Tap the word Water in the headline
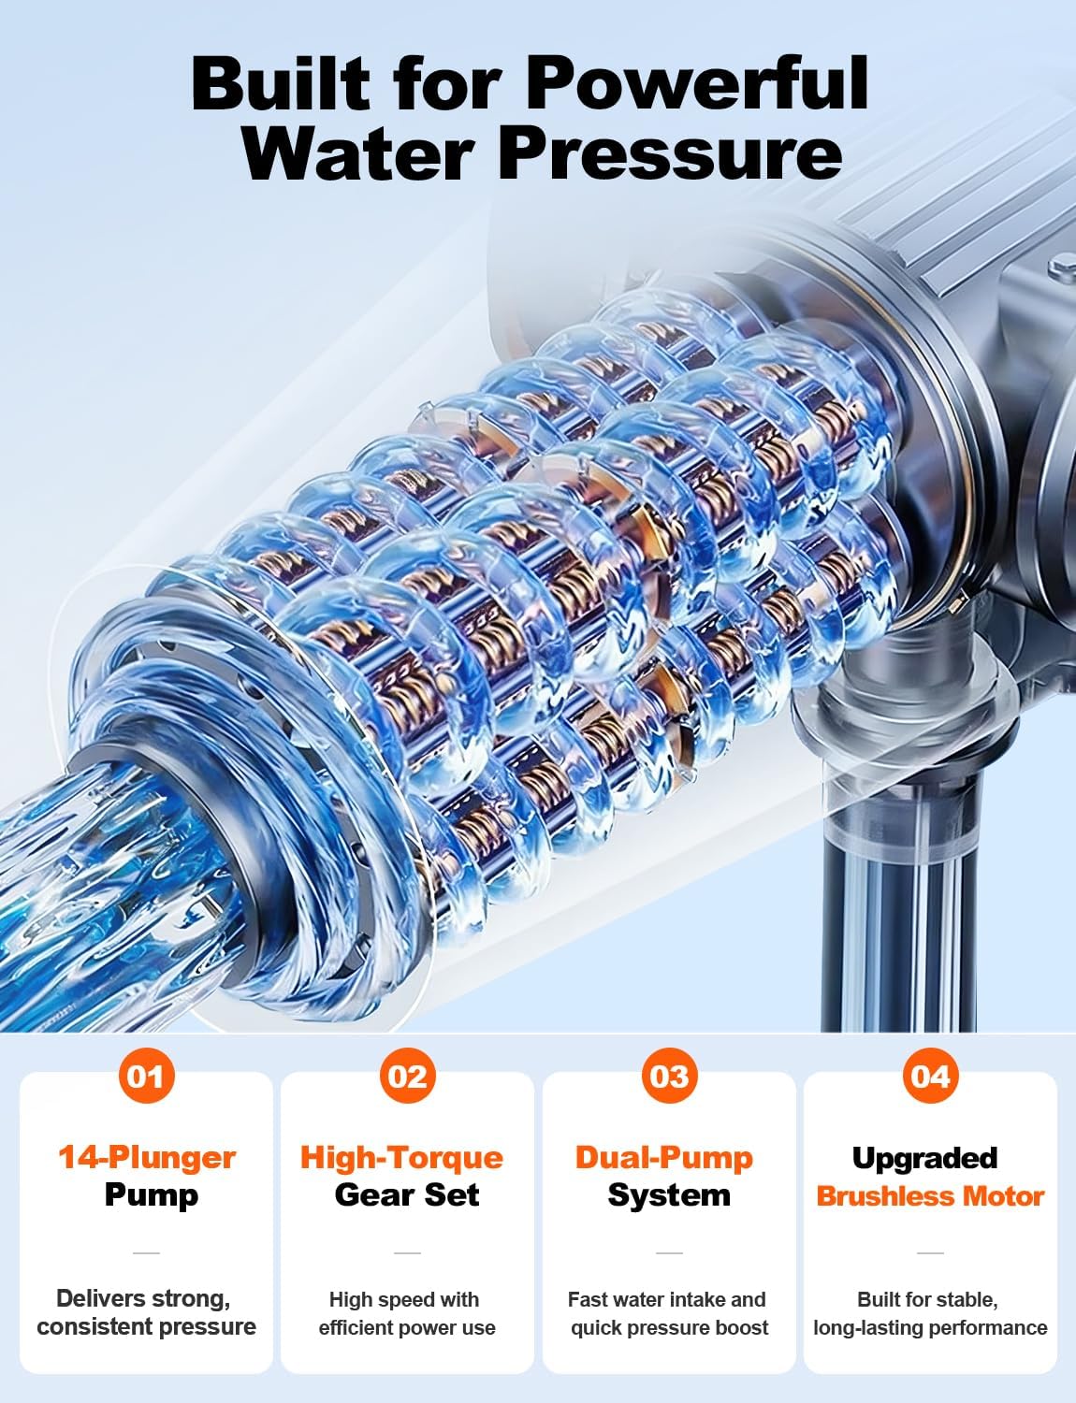[x=357, y=155]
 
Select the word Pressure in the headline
[x=670, y=155]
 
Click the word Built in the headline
[x=281, y=84]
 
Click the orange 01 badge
[x=147, y=1075]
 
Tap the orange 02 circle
[x=408, y=1075]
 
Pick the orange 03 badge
[x=669, y=1075]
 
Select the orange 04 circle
[x=930, y=1075]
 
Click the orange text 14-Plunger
[x=147, y=1158]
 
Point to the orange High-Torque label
[x=401, y=1158]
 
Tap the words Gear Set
[x=407, y=1194]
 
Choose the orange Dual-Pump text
[x=664, y=1158]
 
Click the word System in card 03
[x=669, y=1195]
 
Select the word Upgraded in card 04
[x=924, y=1159]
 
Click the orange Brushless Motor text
[x=930, y=1195]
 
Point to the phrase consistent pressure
[x=147, y=1327]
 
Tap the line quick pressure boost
[x=669, y=1327]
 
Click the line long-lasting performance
[x=930, y=1327]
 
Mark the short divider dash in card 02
[x=408, y=1252]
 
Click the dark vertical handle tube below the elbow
[x=899, y=917]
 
